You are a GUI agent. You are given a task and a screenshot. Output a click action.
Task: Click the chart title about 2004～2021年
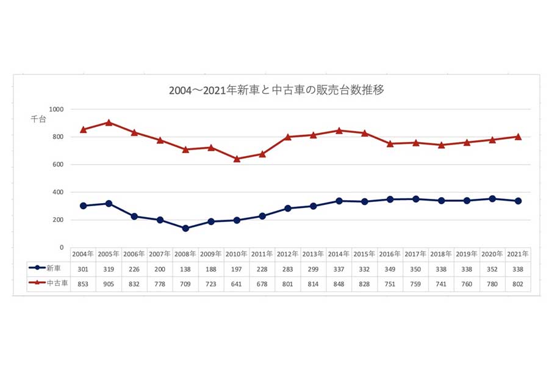(x=276, y=90)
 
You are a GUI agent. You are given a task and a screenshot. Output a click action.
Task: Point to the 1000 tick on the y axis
(x=57, y=109)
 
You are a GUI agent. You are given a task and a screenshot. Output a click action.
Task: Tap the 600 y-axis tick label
(x=58, y=164)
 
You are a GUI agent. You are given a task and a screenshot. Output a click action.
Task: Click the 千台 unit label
(x=38, y=120)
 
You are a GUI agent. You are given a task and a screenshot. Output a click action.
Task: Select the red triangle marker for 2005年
(x=109, y=123)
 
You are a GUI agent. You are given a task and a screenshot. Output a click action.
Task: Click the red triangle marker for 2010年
(x=237, y=159)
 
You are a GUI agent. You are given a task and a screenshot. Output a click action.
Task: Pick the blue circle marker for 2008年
(x=185, y=228)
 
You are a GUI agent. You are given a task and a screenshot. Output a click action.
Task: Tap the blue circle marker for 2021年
(x=518, y=201)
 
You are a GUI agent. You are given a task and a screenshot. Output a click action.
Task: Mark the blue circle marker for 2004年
(x=83, y=206)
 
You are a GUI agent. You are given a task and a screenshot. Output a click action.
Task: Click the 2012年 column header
(x=287, y=253)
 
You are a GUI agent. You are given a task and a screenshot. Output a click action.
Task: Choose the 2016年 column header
(x=390, y=253)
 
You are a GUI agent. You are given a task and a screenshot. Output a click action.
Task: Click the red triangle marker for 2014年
(x=339, y=131)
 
